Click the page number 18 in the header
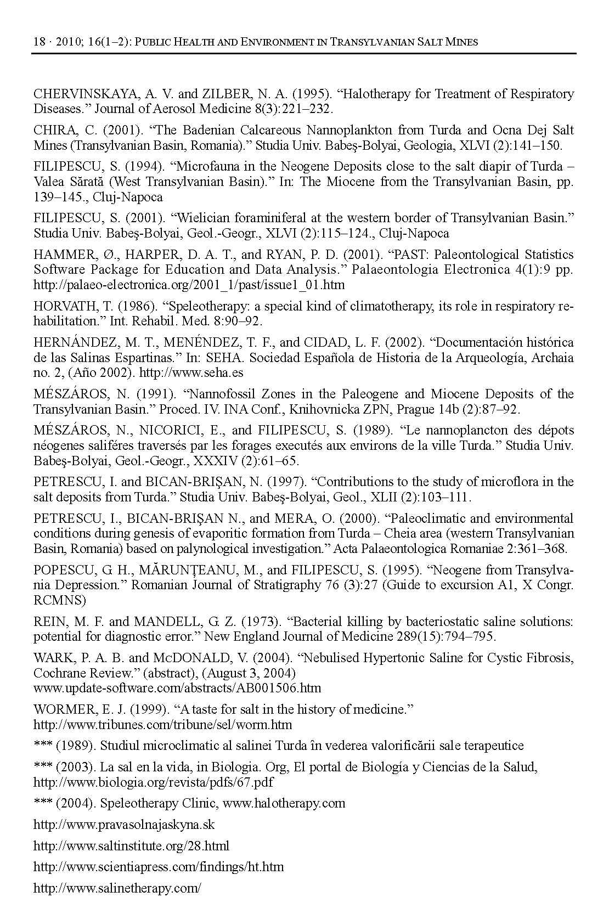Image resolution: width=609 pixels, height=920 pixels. point(39,42)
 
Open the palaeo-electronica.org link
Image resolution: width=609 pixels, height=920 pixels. point(189,285)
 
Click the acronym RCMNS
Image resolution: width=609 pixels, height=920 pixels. point(60,600)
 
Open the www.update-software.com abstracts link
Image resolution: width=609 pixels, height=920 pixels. point(177,688)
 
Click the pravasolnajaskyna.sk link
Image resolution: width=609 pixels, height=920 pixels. point(124,825)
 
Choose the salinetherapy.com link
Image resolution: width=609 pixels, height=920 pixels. point(117,888)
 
